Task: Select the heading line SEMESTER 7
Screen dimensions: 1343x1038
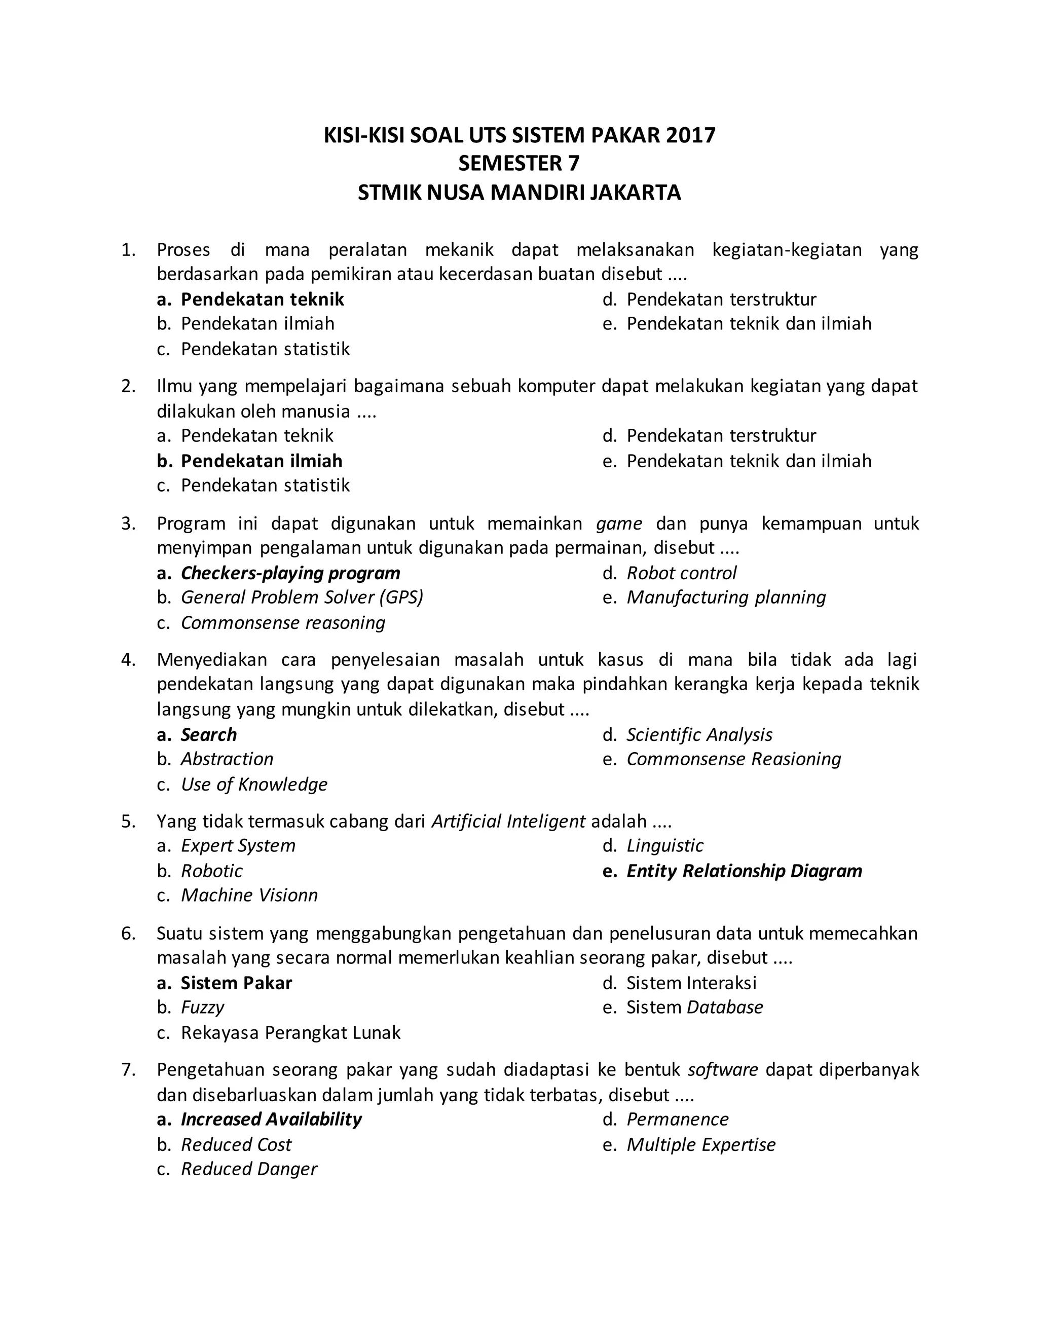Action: coord(518,164)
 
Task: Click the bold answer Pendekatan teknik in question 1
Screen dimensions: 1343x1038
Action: coord(262,300)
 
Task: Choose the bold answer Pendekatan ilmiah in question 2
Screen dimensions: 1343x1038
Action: coord(262,461)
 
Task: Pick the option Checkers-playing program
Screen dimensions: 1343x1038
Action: coord(290,573)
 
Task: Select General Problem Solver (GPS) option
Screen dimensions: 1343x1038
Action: coord(302,597)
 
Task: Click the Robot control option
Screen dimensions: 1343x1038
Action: coord(681,573)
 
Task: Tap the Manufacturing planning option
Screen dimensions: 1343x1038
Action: coord(726,597)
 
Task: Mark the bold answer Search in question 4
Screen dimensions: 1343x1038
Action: coord(208,735)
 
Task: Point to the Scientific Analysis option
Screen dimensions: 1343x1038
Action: coord(699,735)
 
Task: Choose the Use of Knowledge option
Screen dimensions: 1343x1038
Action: coord(254,785)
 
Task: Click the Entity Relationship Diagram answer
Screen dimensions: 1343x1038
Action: coord(744,871)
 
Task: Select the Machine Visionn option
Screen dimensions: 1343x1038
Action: coord(249,896)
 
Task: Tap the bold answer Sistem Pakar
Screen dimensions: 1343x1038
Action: coord(236,983)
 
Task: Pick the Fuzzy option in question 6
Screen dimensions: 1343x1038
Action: coord(202,1008)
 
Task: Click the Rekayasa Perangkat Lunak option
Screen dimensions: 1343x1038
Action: coord(290,1032)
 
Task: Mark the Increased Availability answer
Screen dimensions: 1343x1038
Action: coord(271,1119)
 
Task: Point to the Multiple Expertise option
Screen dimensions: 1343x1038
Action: coord(701,1144)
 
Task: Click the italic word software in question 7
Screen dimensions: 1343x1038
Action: coord(723,1070)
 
